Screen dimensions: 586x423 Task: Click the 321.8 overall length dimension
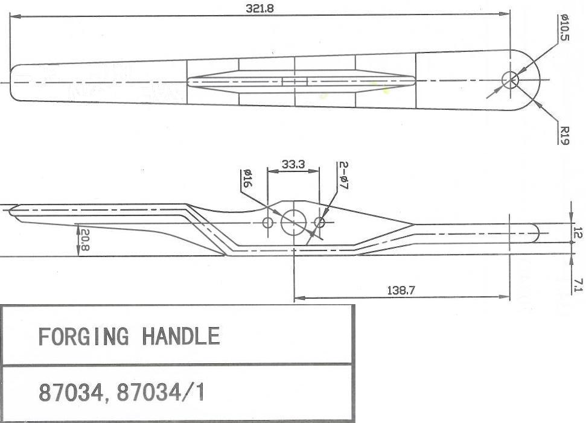coord(260,8)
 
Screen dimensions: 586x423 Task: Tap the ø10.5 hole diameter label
coord(564,27)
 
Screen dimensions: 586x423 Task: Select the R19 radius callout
coord(564,135)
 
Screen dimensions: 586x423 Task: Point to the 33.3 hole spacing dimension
coord(293,164)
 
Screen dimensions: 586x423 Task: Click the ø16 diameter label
coord(247,179)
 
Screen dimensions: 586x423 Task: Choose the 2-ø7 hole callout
coord(344,175)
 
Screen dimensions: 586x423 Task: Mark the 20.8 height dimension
coord(84,240)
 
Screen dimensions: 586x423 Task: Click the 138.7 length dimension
coord(401,290)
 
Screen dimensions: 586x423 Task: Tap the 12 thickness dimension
coord(578,232)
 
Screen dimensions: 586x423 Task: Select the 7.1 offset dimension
coord(578,285)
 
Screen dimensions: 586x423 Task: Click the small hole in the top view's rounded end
coord(510,80)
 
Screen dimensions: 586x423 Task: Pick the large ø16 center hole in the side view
coord(294,223)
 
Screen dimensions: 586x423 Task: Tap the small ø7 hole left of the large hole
coord(268,223)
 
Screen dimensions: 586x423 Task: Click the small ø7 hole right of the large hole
coord(319,223)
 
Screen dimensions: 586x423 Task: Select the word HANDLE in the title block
coord(181,336)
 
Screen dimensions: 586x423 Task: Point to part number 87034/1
coord(161,392)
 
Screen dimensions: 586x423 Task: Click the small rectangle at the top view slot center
coord(295,81)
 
